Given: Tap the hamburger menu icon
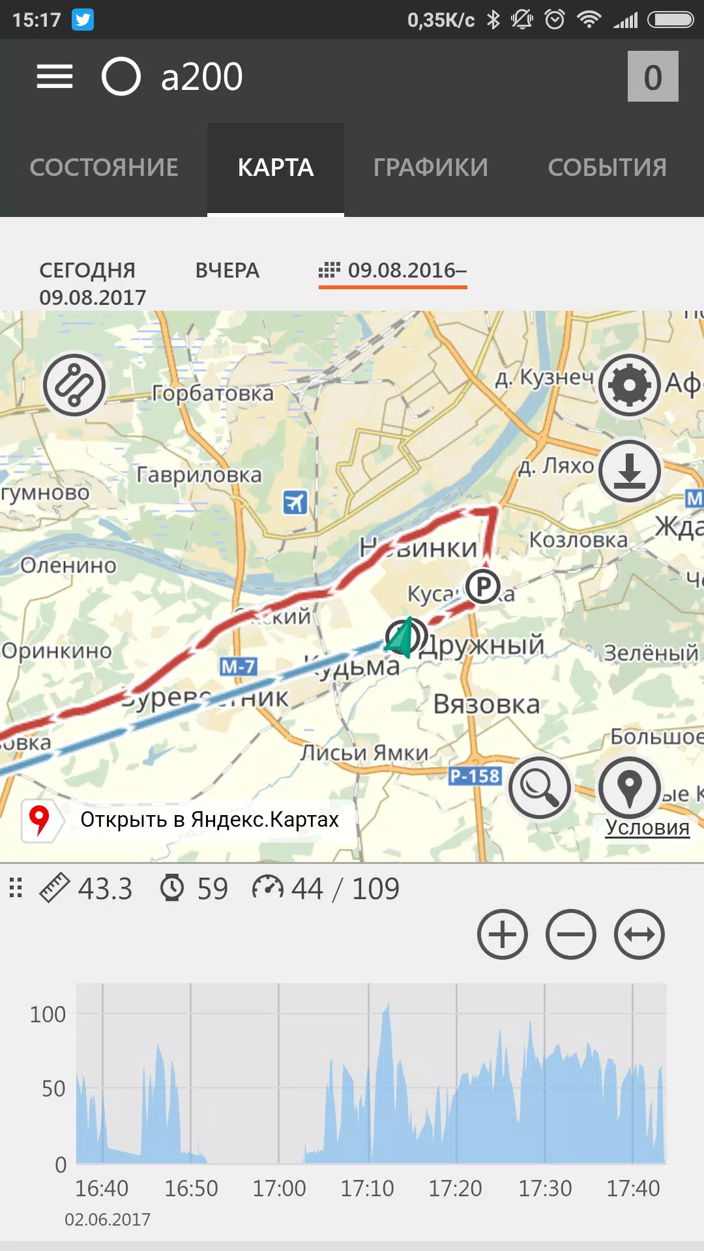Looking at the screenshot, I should point(55,77).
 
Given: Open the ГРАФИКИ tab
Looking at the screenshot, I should point(430,168).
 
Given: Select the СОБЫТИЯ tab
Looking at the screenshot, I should point(607,168).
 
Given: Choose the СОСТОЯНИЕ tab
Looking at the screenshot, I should point(104,168).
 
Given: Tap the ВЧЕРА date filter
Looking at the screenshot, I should point(227,270).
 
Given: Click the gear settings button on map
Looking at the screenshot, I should point(629,386).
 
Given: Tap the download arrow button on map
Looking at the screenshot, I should point(629,471).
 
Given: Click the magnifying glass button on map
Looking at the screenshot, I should point(539,788).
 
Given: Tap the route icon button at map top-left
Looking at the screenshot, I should point(74,386).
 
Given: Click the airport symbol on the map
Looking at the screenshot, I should point(295,502).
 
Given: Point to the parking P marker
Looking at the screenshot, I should point(483,586).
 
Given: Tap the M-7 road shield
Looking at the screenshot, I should point(239,667).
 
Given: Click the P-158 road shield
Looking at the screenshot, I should point(475,776).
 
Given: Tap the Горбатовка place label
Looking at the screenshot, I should point(213,394).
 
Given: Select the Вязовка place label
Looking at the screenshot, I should point(486,704).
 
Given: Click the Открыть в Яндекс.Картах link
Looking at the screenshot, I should point(209,820).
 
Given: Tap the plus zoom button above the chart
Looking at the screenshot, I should point(502,934).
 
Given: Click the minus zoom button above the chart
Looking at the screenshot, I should point(570,934).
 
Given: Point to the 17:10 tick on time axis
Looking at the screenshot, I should point(368,1188).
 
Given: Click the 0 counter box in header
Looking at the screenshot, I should point(653,77).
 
